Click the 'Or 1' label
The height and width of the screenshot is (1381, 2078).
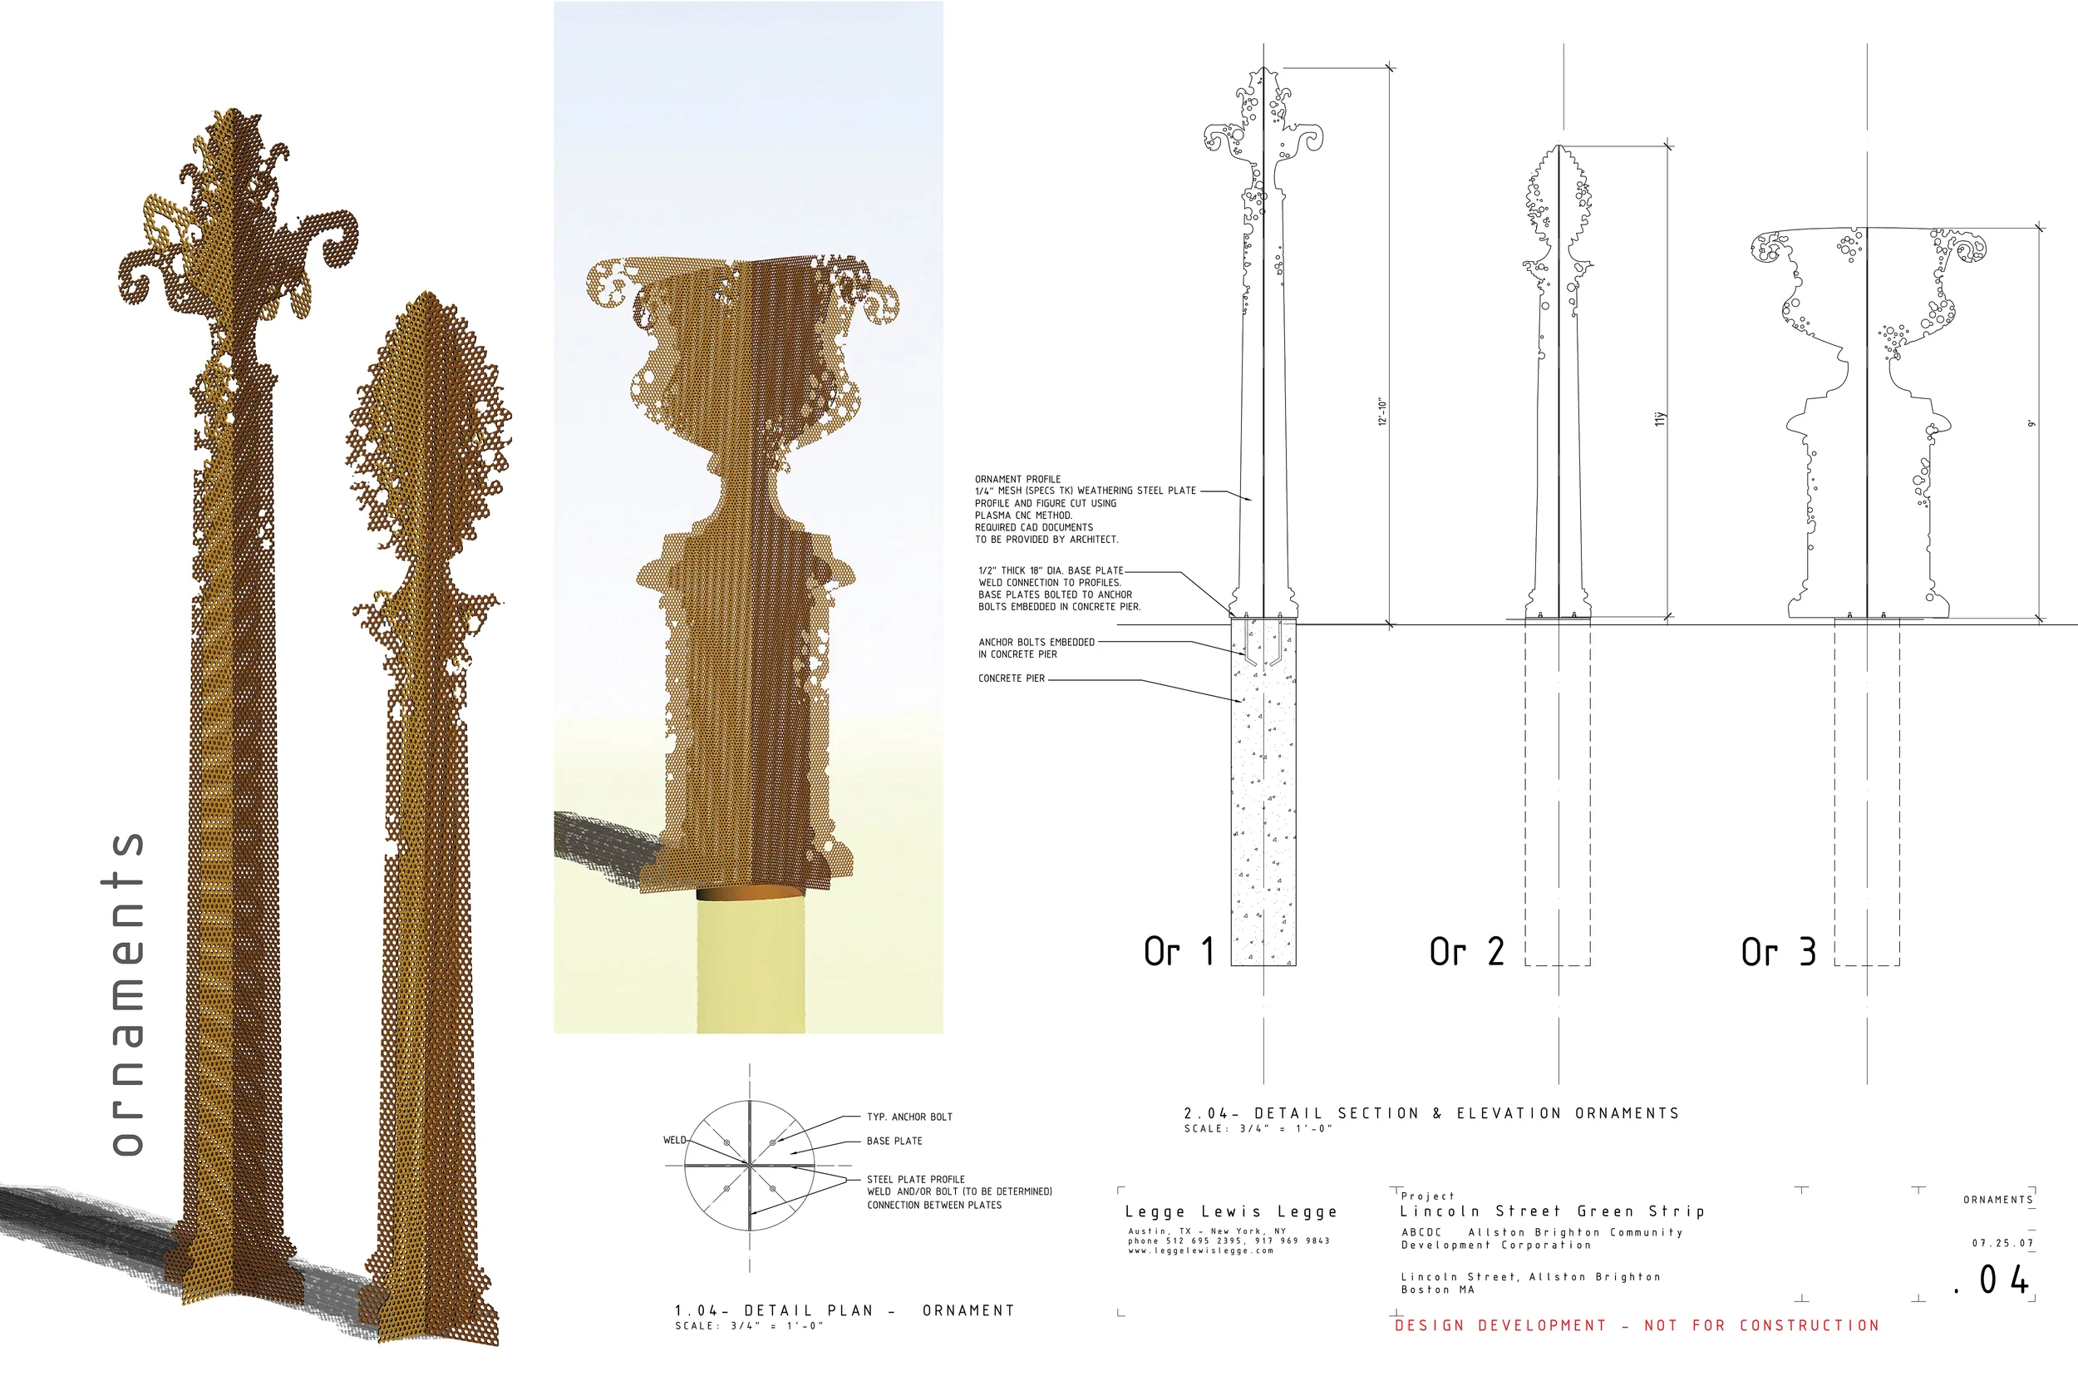(x=1179, y=951)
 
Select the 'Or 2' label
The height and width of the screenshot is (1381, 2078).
(x=1466, y=951)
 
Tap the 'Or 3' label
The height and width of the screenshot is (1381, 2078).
(x=1778, y=951)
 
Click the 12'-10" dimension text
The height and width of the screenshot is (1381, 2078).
(x=1382, y=412)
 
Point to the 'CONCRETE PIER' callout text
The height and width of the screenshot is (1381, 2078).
(x=1012, y=678)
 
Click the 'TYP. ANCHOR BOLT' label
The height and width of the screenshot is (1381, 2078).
(x=909, y=1117)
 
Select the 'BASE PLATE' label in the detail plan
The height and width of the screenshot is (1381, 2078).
(x=894, y=1141)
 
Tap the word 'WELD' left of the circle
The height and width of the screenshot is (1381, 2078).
(x=674, y=1140)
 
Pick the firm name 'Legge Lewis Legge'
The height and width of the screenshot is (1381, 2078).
(x=1231, y=1212)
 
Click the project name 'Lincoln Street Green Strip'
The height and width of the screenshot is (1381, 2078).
(x=1553, y=1211)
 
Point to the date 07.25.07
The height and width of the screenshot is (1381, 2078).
(x=2003, y=1244)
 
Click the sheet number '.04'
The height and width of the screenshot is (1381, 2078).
(x=1992, y=1280)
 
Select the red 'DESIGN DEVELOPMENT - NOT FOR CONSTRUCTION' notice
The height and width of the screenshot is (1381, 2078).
(x=1637, y=1325)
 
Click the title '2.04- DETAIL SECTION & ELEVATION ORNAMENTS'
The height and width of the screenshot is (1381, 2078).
(x=1430, y=1113)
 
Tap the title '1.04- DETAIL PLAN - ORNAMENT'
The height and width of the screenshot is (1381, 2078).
(x=844, y=1310)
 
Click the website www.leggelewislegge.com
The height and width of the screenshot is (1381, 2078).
(x=1201, y=1250)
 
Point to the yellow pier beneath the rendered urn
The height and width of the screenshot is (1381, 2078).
(x=751, y=964)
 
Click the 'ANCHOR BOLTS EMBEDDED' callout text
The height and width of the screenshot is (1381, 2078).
(x=1037, y=642)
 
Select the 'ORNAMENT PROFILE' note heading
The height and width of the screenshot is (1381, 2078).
(x=1018, y=479)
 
